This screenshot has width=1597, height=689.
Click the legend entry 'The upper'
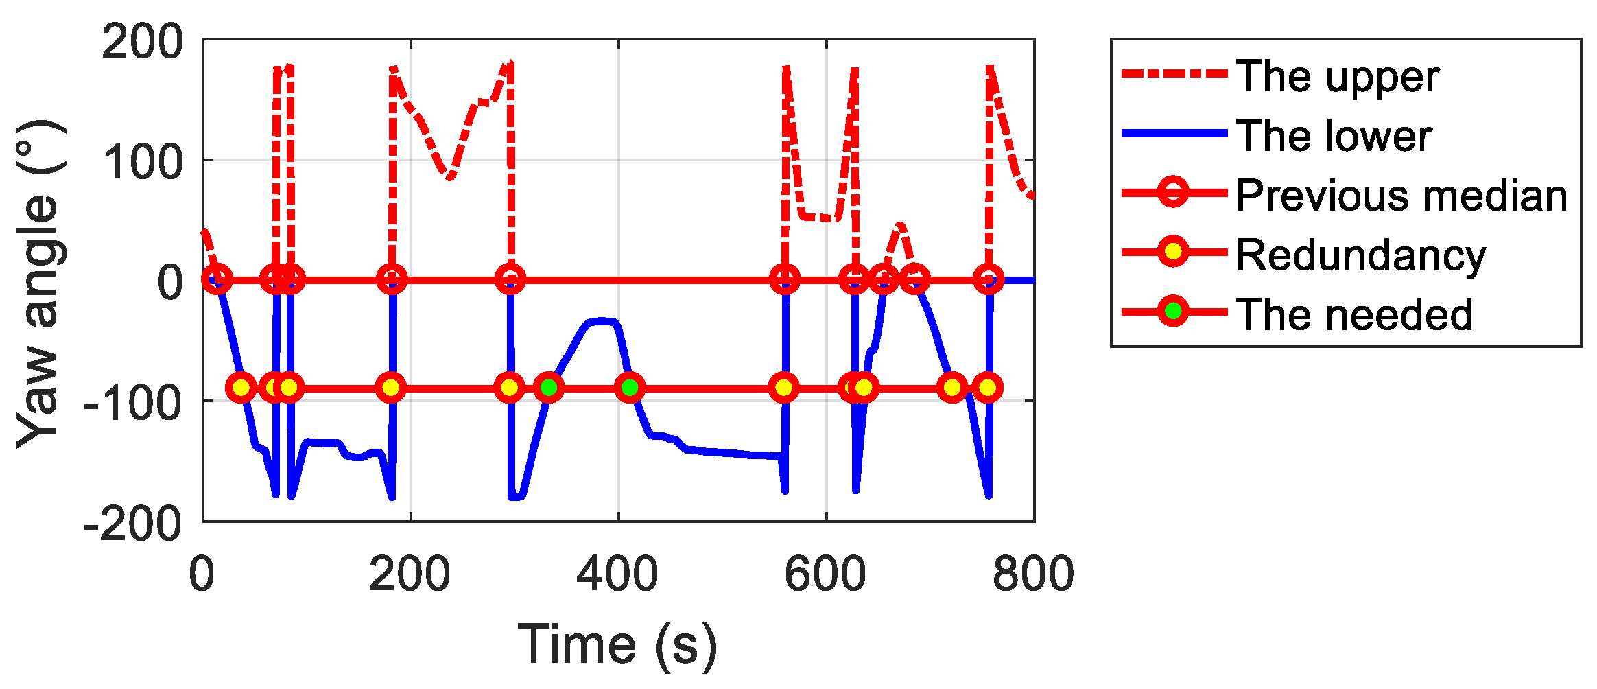pyautogui.click(x=1337, y=76)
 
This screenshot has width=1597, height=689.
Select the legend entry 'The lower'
pyautogui.click(x=1334, y=136)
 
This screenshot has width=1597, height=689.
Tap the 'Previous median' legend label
pyautogui.click(x=1401, y=196)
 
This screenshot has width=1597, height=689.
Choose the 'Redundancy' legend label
pyautogui.click(x=1360, y=255)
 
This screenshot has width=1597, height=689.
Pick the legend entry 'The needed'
pyautogui.click(x=1354, y=314)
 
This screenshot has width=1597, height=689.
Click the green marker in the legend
pyautogui.click(x=1174, y=312)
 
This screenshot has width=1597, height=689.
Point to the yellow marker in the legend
pyautogui.click(x=1174, y=252)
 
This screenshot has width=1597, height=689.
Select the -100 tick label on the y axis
pyautogui.click(x=132, y=402)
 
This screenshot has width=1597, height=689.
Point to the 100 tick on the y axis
pyautogui.click(x=142, y=162)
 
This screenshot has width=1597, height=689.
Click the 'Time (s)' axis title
pyautogui.click(x=617, y=645)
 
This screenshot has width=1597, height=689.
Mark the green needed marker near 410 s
pyautogui.click(x=630, y=388)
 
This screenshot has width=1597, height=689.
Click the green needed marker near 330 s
pyautogui.click(x=549, y=388)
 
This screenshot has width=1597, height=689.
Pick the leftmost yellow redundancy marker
pyautogui.click(x=241, y=388)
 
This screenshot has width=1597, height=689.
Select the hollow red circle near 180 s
pyautogui.click(x=392, y=279)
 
